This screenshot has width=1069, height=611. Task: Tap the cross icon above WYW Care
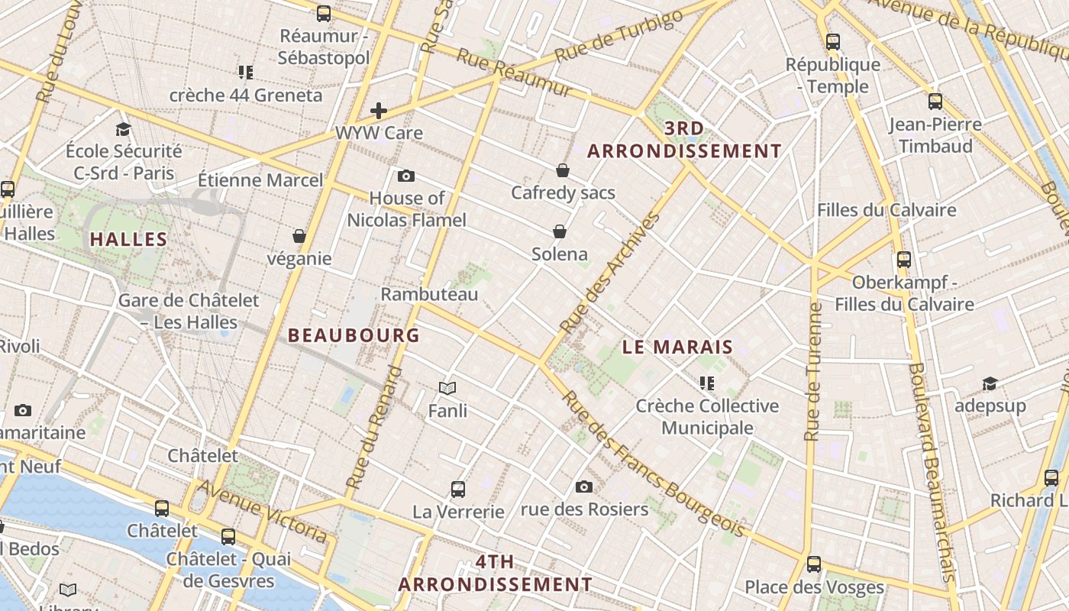click(x=379, y=111)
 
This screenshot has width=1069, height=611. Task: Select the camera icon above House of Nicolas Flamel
click(x=406, y=176)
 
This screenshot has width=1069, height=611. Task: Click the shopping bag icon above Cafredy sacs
click(x=563, y=170)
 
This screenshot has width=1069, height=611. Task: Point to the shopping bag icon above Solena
click(x=560, y=231)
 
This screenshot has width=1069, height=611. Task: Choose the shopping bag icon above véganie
click(x=299, y=236)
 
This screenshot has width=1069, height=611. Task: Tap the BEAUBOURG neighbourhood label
click(x=354, y=335)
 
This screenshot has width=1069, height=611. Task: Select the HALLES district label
click(x=129, y=239)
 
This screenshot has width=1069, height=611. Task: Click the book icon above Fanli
click(x=447, y=389)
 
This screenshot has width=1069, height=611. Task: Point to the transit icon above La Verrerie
click(x=458, y=489)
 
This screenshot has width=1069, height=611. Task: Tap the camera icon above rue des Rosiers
click(x=584, y=487)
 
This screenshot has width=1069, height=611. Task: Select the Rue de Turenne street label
click(x=814, y=372)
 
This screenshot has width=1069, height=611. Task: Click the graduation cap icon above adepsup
click(x=990, y=383)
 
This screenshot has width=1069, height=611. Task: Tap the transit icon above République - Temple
click(x=833, y=42)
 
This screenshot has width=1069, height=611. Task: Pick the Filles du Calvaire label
click(x=887, y=210)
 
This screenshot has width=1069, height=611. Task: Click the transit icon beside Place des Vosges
click(x=814, y=564)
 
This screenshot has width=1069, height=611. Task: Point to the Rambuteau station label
click(x=429, y=294)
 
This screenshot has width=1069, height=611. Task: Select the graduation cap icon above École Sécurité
click(x=124, y=129)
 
